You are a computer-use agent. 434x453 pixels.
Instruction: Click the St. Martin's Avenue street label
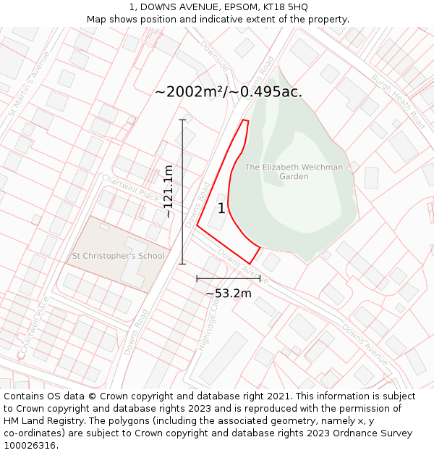[x=29, y=83]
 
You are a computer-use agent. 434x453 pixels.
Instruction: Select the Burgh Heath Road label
[x=399, y=101]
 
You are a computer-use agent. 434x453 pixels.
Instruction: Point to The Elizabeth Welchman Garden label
[x=294, y=172]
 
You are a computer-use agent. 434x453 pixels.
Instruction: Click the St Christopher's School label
[x=118, y=256]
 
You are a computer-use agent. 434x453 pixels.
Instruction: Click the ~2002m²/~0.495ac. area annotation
[x=229, y=92]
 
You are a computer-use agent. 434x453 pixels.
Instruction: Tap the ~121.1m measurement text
[x=168, y=191]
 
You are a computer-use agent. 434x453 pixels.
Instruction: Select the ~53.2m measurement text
[x=229, y=293]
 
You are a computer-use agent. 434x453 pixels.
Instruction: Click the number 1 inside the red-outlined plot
[x=221, y=209]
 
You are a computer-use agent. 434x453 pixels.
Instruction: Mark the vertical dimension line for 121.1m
[x=182, y=191]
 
